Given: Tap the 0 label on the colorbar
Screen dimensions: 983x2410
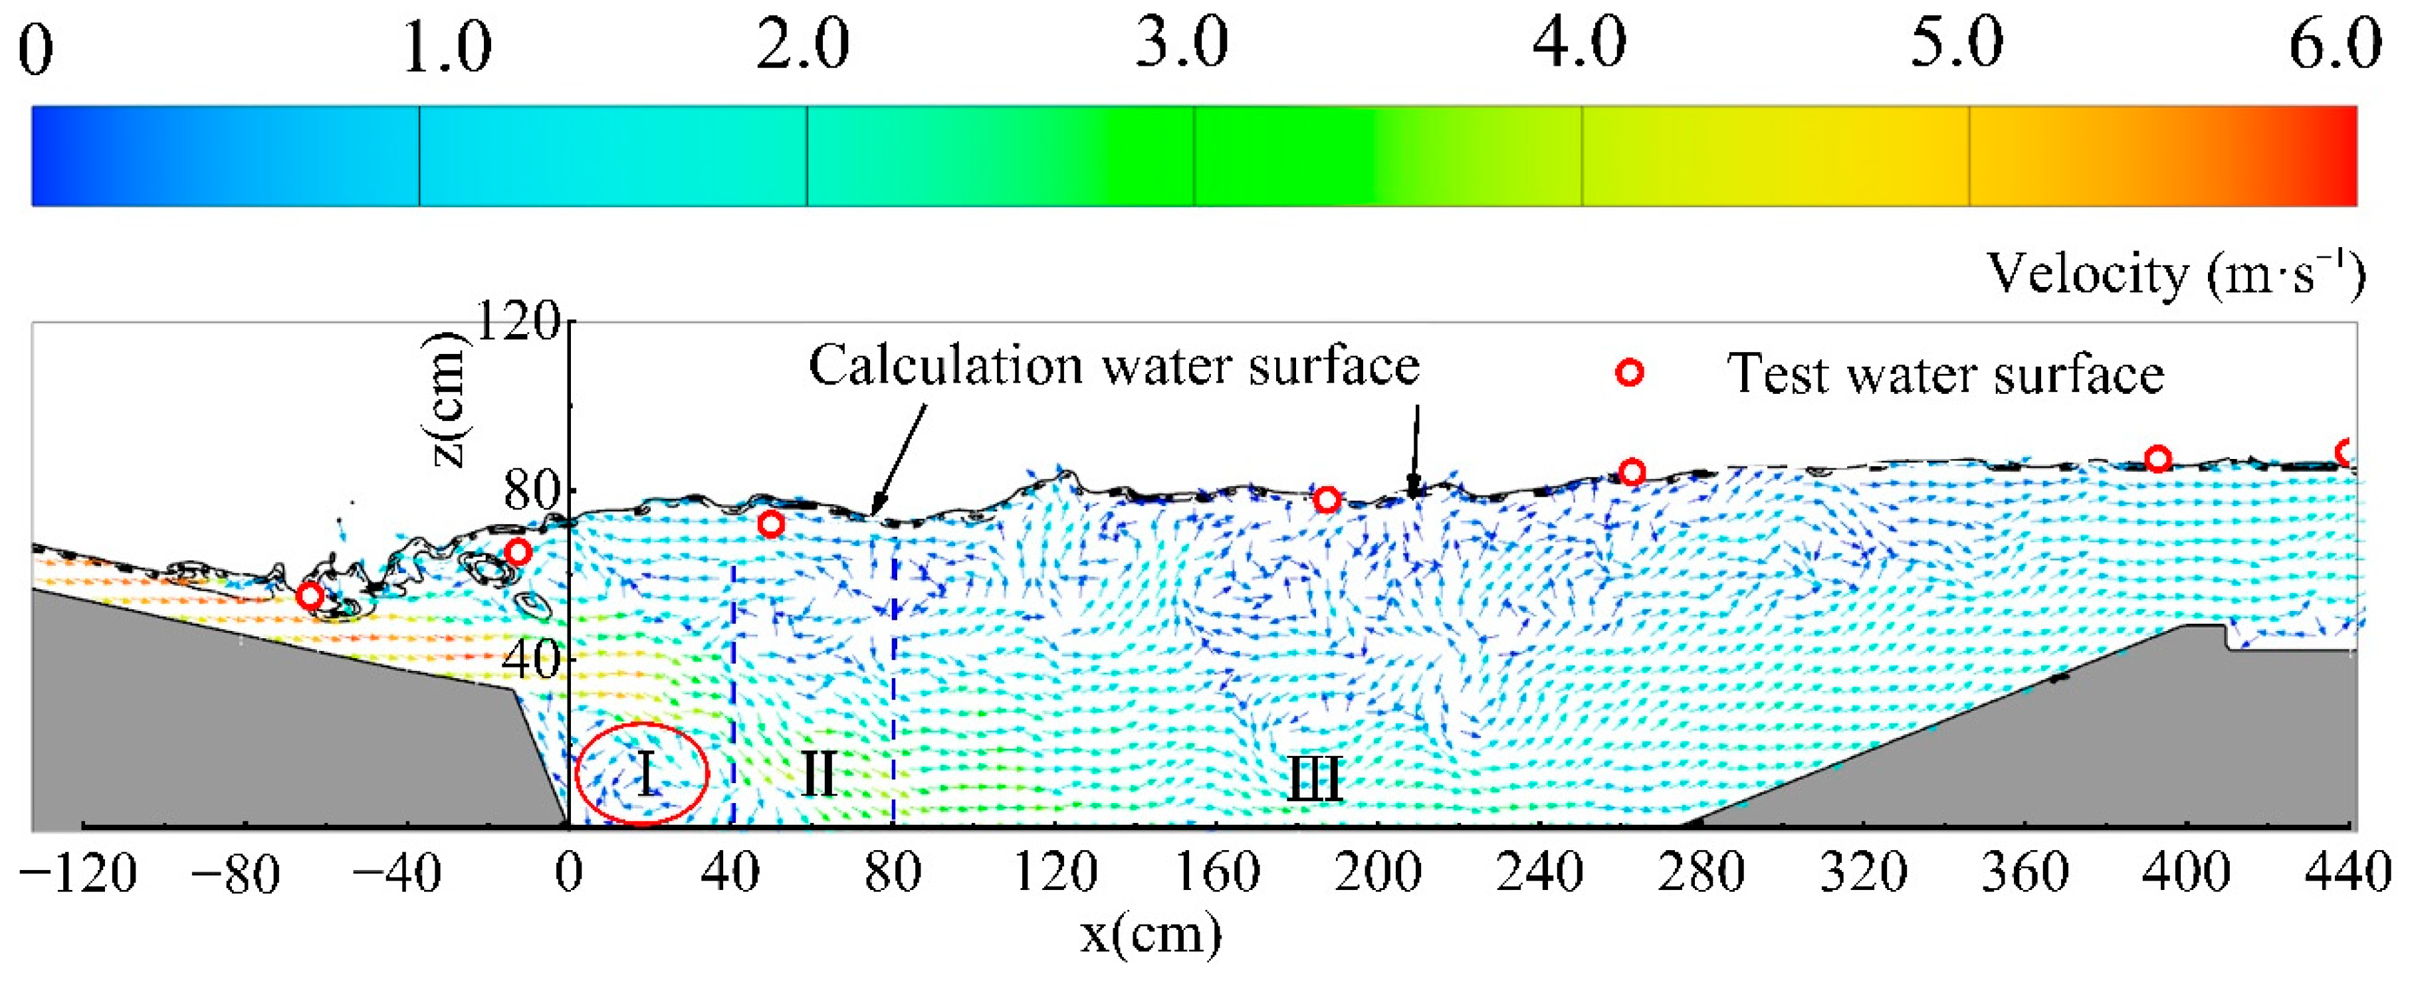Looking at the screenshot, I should coord(35,50).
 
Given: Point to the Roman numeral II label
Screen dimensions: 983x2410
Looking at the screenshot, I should coord(819,774).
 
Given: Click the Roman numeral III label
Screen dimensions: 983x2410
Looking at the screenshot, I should coord(1315,779).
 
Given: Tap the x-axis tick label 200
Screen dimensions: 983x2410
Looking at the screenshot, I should coord(1377,873).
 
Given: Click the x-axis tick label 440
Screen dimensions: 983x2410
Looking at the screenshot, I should coord(2348,873).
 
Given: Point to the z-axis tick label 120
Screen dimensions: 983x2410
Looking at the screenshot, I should coord(518,323).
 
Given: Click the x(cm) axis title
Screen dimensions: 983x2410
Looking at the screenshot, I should coord(1150,933).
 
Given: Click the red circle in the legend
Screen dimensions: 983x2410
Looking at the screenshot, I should coord(1630,372).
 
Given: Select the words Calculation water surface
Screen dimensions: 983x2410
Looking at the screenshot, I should coord(1113,366).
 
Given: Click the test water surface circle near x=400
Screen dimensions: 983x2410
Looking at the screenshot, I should coord(2158,459).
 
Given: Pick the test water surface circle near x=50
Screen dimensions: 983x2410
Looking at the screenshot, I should coord(770,524).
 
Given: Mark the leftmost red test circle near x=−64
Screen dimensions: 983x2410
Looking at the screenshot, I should coord(310,596).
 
